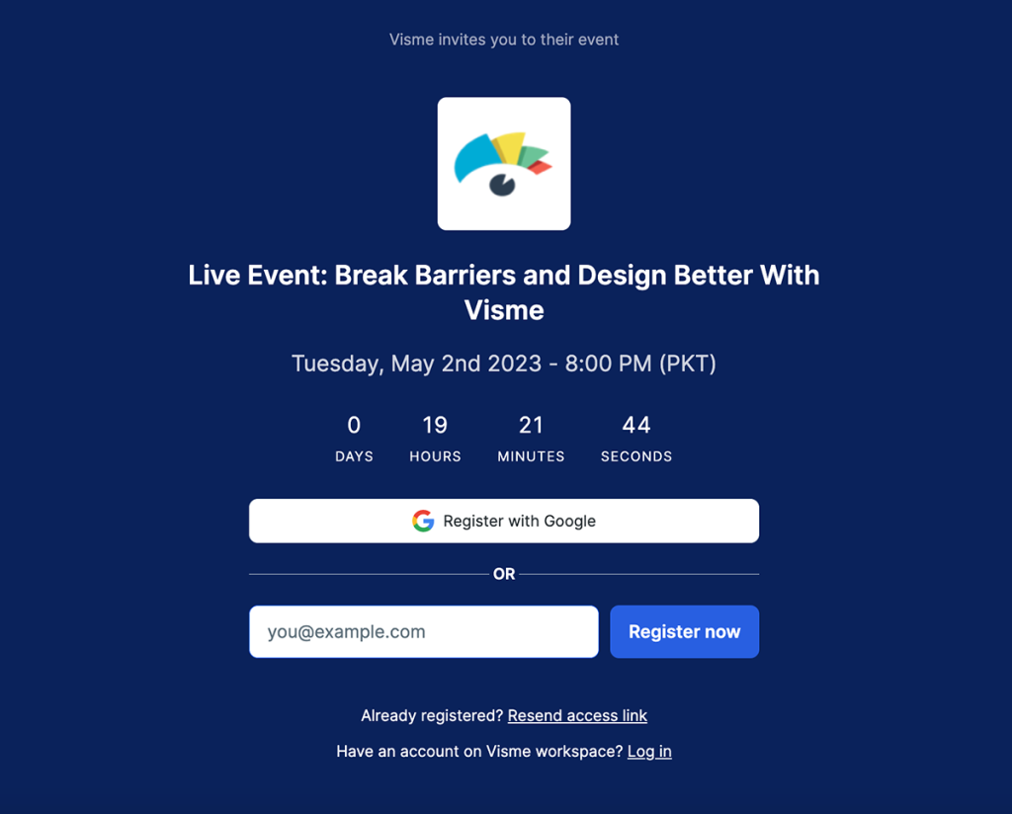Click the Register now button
click(684, 631)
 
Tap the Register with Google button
click(504, 521)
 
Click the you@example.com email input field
click(423, 631)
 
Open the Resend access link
click(577, 715)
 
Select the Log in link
click(649, 752)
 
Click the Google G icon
click(423, 521)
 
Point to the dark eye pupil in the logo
click(502, 185)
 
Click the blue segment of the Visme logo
click(474, 156)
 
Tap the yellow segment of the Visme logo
click(509, 146)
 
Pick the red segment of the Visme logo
click(541, 168)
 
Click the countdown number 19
click(435, 425)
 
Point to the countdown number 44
click(636, 425)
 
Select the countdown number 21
click(531, 425)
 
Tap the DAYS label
click(355, 456)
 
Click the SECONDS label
click(636, 456)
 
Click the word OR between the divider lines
click(504, 574)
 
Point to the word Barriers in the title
click(464, 276)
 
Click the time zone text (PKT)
click(688, 364)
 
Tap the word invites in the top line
click(463, 40)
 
